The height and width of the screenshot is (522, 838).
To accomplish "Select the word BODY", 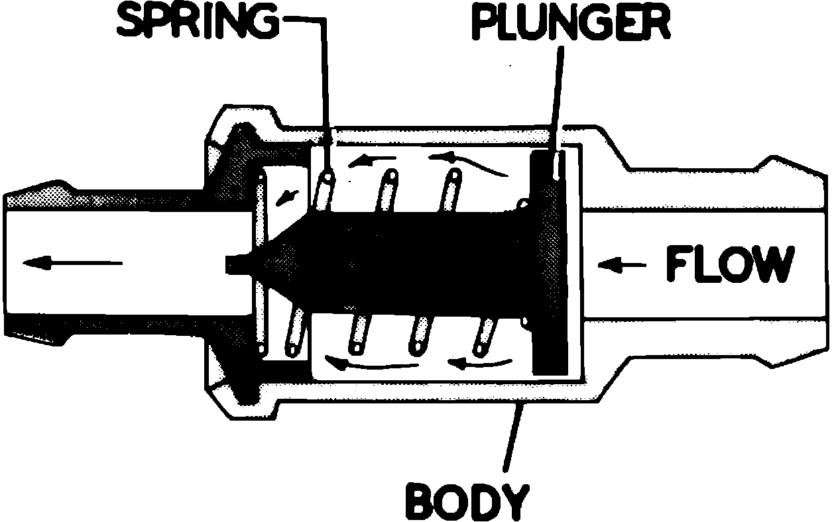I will coord(467,501).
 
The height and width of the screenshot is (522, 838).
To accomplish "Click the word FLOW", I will coord(729,265).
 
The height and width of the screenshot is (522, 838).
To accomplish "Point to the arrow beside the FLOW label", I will coord(622,266).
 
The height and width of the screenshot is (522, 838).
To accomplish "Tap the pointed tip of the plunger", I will coord(235,264).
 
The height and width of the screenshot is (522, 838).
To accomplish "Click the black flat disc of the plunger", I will coord(550,265).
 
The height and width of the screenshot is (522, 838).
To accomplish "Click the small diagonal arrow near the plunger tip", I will coord(286,195).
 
